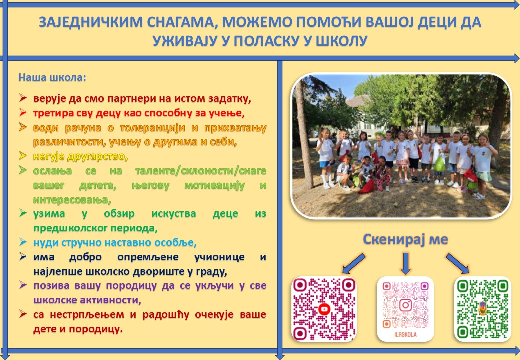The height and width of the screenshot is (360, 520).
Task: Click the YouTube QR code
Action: coord(324,309)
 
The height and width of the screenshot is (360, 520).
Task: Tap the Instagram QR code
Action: coord(405,309)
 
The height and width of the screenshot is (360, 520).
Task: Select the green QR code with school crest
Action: coord(482,309)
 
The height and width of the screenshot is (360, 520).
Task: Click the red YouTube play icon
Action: coord(324,309)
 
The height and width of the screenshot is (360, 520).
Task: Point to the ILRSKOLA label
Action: coord(405,335)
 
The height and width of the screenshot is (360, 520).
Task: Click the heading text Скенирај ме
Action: coord(405,239)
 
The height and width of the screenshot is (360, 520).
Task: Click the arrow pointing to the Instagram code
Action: coord(406,263)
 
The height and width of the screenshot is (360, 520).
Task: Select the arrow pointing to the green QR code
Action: coord(458,263)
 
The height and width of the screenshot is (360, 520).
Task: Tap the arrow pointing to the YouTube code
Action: coord(354,264)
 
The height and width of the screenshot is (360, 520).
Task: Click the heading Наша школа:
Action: coord(52,77)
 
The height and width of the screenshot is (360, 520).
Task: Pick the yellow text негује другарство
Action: coord(80,156)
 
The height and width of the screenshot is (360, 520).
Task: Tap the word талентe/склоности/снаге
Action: coord(201,171)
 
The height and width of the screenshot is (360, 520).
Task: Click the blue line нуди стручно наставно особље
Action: coord(115,242)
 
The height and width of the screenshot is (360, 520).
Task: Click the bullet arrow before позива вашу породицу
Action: coord(23,285)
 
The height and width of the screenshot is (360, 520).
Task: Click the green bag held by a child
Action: coord(439,164)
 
